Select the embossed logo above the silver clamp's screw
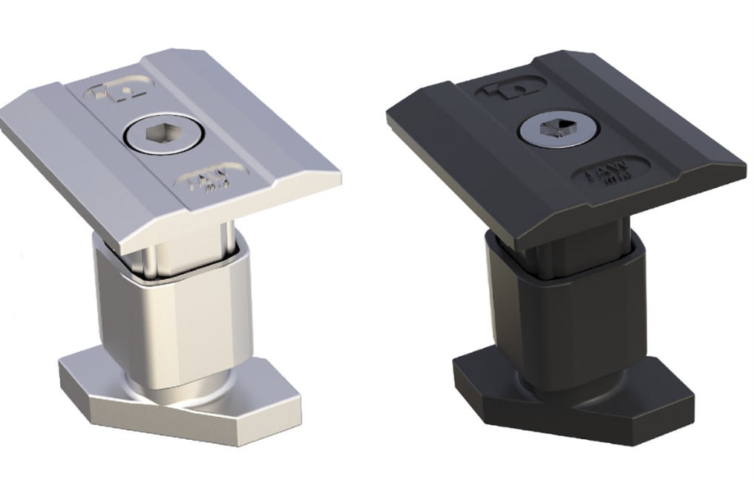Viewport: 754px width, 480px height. click(x=118, y=91)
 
